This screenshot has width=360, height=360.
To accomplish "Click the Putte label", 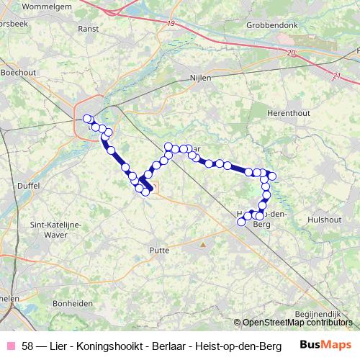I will (158, 250).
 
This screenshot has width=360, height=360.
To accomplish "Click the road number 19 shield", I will (170, 24).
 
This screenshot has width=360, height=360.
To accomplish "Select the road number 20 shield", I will (290, 53).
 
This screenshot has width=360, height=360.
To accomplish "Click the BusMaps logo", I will (325, 344).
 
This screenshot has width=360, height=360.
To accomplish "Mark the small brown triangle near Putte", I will (202, 243).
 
